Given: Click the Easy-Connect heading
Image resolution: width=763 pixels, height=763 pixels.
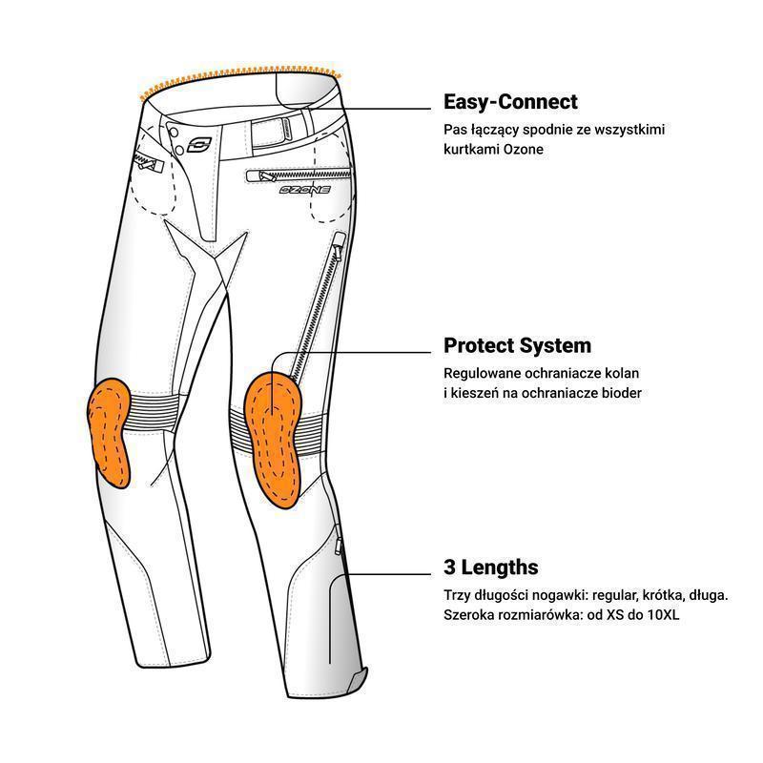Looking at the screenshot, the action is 510,102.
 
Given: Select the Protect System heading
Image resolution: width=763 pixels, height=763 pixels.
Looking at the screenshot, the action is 517,346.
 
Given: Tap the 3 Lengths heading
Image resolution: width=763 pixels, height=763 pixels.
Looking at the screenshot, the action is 490,567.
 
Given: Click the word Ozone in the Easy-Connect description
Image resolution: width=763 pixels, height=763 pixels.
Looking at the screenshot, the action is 523,150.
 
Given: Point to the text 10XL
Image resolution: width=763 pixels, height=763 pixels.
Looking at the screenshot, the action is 662,615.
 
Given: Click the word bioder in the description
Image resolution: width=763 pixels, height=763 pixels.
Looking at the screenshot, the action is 622,393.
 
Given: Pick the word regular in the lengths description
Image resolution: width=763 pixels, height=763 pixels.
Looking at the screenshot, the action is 614,595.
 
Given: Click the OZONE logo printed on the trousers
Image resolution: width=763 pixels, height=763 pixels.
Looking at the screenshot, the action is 305,190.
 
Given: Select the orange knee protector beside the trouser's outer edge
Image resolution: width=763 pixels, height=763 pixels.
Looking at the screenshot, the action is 110,432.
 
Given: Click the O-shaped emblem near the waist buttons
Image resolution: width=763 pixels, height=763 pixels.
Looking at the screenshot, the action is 199,144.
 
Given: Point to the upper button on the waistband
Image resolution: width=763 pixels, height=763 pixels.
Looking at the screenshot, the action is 173,133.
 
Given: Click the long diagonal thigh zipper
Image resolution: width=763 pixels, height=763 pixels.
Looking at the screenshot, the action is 318,306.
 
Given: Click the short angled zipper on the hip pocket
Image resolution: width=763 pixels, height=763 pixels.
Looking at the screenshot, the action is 148,161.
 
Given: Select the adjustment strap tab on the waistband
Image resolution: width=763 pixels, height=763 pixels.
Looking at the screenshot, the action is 271,132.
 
